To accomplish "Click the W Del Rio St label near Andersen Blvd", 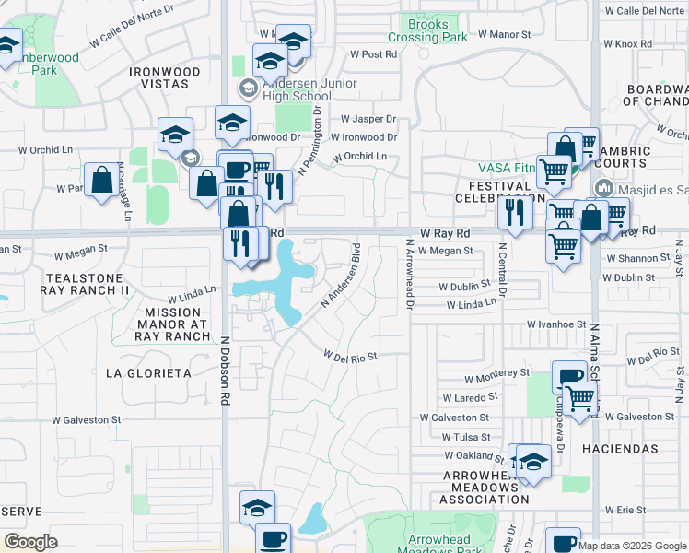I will click(x=350, y=355).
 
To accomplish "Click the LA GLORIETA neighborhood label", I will click(x=148, y=373).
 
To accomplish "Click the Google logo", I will click(x=30, y=542).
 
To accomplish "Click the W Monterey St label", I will click(x=496, y=378).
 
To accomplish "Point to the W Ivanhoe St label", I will click(x=556, y=324).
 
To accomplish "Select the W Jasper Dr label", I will click(x=368, y=119).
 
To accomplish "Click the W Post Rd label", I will click(x=372, y=54).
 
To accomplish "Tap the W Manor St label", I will click(x=504, y=33).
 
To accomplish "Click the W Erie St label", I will click(x=627, y=509).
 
